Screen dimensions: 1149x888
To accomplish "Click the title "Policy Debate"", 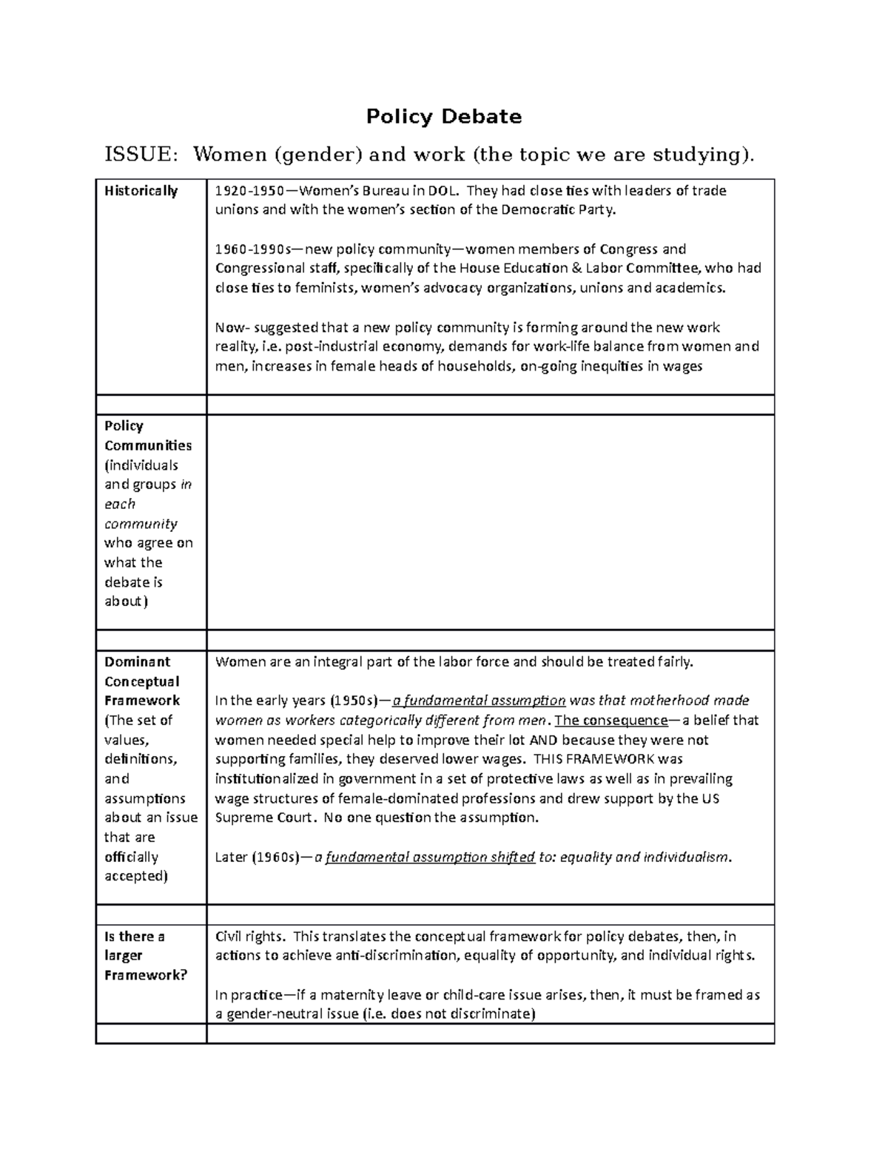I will tap(444, 117).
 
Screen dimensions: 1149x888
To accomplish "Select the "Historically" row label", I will tap(141, 191).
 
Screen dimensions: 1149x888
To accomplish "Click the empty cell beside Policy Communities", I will tap(490, 522).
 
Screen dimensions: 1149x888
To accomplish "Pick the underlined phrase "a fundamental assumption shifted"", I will tap(430, 857).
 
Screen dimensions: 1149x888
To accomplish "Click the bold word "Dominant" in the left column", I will tap(138, 661).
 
